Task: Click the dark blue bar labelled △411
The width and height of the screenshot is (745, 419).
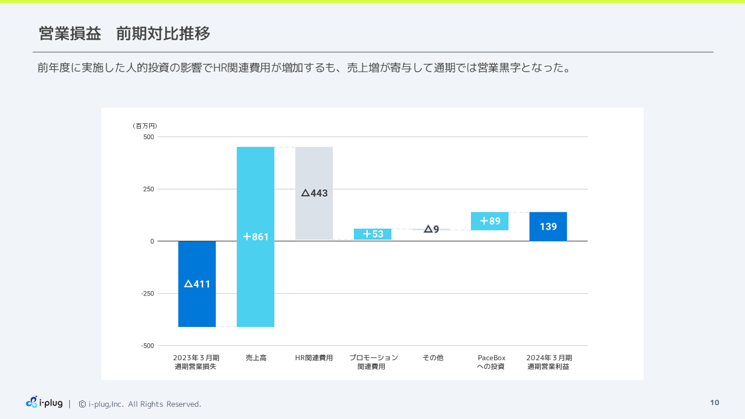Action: coord(197,284)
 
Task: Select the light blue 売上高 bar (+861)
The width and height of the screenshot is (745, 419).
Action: coord(256,236)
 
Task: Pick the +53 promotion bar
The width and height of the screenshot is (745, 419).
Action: coord(372,234)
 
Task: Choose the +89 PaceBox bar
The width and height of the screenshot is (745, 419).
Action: coord(489,221)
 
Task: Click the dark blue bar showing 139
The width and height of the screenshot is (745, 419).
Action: coord(548,226)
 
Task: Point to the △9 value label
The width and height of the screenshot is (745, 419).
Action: coord(431,229)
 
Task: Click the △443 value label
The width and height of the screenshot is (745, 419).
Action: coord(314,193)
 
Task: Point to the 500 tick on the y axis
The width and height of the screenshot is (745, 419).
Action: coord(148,137)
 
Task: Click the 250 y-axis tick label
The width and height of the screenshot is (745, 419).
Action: coord(148,189)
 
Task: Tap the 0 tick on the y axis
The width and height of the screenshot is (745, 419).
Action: coord(152,241)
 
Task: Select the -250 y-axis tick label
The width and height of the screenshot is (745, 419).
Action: coord(147,293)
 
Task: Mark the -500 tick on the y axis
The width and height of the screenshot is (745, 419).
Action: coord(147,346)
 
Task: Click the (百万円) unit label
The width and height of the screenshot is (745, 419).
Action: coord(145,126)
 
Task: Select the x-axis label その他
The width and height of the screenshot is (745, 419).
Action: coord(432,358)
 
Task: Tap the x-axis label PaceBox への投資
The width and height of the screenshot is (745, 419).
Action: coord(491,362)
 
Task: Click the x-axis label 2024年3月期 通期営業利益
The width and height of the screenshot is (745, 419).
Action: coord(549,362)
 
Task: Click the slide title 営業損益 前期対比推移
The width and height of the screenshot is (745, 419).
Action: coord(125,34)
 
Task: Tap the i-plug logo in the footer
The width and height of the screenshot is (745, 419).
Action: coord(44,402)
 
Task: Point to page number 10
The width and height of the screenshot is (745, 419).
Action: coord(715,403)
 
